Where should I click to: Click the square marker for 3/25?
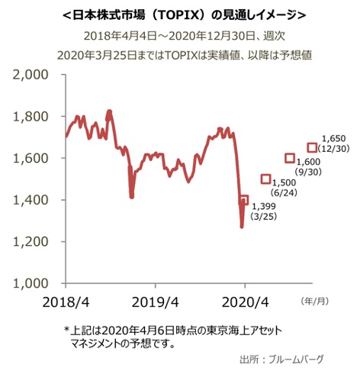tap(244, 200)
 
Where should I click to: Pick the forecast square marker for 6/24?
tap(265, 179)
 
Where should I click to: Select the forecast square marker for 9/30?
tap(290, 158)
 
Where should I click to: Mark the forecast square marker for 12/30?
tap(311, 147)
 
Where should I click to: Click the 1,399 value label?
tap(262, 207)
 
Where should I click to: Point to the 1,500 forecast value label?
tap(284, 184)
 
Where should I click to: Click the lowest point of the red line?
tap(242, 227)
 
